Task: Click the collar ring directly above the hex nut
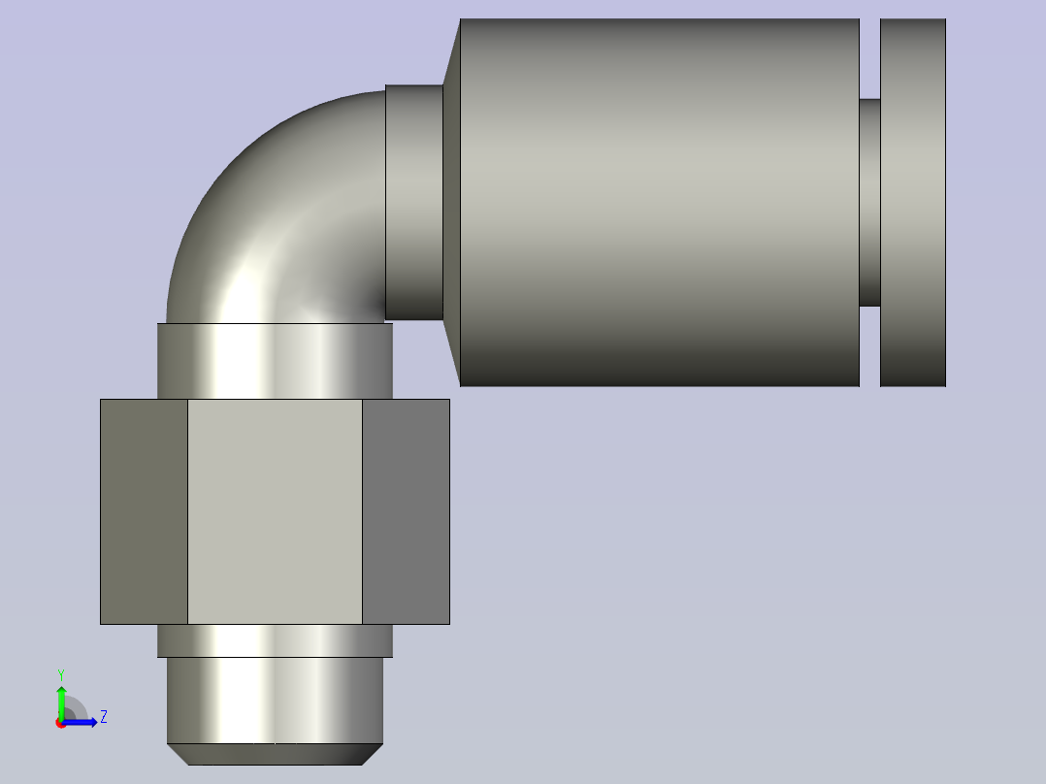(x=275, y=361)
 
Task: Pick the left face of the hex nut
(x=144, y=511)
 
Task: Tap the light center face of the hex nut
(x=275, y=511)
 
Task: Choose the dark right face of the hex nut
(x=406, y=511)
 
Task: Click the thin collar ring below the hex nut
(x=275, y=640)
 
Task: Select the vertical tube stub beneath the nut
(x=275, y=700)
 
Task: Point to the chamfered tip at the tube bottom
(x=275, y=754)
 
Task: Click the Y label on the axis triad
(x=60, y=673)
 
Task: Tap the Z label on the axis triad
(x=103, y=717)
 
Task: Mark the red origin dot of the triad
(x=61, y=723)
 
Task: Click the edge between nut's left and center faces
(x=187, y=511)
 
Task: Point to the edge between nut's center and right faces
(x=362, y=511)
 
